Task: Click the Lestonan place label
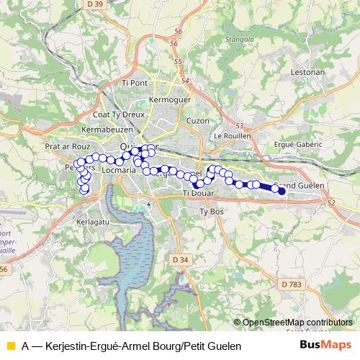[308, 73]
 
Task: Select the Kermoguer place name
[167, 98]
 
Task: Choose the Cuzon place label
[197, 120]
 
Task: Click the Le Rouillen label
[230, 135]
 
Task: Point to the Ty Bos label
[212, 212]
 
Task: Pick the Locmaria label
[119, 171]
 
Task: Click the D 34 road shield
[180, 258]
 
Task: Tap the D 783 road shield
[292, 285]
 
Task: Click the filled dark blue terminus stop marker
[282, 191]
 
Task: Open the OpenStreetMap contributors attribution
[297, 323]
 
